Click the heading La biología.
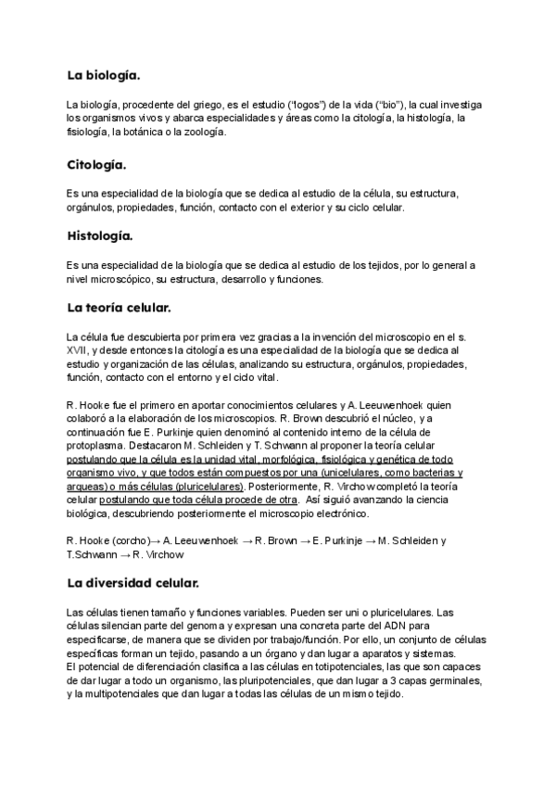tap(103, 74)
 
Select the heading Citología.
tap(96, 165)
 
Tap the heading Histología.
tap(100, 235)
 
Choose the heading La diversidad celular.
tap(133, 583)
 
